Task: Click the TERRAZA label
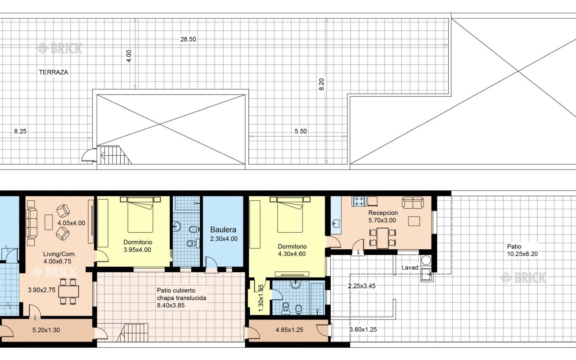click(54, 72)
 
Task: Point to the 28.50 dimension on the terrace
click(188, 39)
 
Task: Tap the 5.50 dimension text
click(301, 131)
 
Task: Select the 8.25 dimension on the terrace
click(20, 131)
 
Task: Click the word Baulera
click(223, 229)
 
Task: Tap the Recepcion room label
click(383, 213)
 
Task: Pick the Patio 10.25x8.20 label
click(522, 250)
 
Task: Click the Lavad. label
click(410, 268)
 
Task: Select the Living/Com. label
click(60, 254)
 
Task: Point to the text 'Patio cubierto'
click(176, 291)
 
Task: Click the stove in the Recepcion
click(360, 201)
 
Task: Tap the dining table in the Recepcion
click(382, 238)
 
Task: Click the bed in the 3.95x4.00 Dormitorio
click(140, 215)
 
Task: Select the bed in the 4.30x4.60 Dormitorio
click(290, 215)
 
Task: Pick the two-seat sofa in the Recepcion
click(413, 202)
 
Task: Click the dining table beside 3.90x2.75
click(68, 291)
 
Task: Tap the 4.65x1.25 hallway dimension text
click(289, 330)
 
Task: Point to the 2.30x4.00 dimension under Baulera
click(224, 239)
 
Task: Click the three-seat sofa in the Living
click(32, 223)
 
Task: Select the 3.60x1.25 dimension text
click(363, 330)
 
